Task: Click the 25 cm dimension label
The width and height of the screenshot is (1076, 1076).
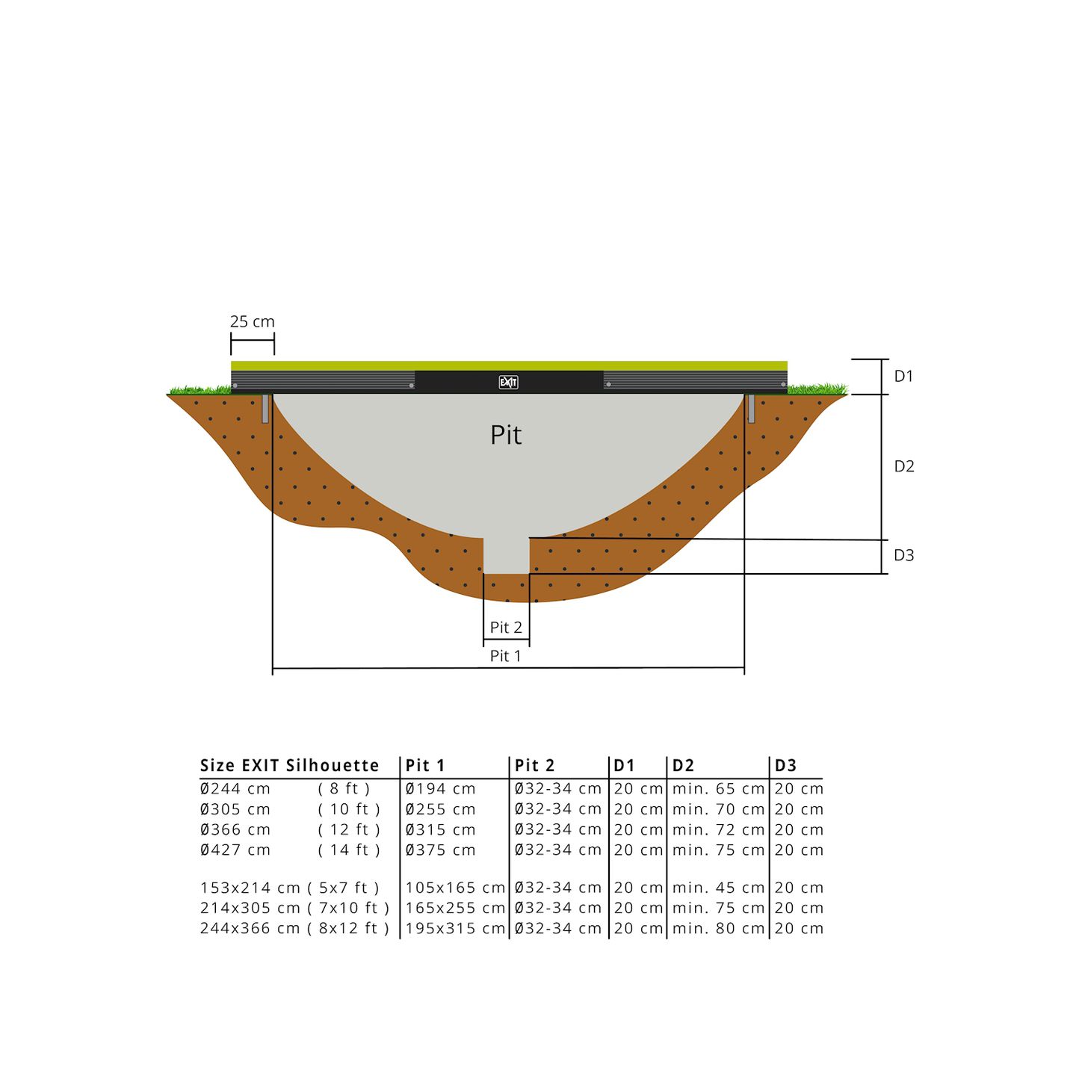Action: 252,322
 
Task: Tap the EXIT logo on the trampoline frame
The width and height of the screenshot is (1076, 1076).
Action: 508,383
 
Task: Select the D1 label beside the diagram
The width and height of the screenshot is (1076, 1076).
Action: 903,377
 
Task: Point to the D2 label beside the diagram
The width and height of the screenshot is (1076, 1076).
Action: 903,466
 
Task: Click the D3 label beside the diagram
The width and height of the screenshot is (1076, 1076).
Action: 903,555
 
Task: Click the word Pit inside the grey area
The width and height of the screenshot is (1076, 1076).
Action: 506,435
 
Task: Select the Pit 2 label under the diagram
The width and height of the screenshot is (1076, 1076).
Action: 506,628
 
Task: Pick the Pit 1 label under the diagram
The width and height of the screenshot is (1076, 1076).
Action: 505,656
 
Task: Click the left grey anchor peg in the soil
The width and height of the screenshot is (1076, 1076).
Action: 265,409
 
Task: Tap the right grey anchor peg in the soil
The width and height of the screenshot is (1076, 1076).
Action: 751,409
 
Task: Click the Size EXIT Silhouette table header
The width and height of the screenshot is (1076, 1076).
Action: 289,766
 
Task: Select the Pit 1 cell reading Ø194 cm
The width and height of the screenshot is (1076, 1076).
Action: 440,789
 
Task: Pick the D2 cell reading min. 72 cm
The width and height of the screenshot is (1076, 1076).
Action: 718,830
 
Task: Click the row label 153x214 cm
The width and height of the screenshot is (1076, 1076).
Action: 250,888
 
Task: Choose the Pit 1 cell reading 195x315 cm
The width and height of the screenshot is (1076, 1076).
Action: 455,929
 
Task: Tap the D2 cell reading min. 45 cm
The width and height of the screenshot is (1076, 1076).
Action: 718,888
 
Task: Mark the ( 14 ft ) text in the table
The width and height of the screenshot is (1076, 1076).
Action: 349,850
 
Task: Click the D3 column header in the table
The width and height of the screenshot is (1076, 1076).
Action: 785,766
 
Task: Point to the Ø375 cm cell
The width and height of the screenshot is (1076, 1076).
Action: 440,850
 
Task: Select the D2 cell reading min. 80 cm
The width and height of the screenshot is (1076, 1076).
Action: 718,929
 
